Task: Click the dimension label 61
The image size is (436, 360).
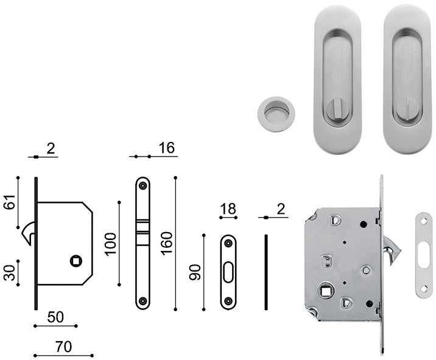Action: (10, 202)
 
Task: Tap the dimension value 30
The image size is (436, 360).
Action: (10, 273)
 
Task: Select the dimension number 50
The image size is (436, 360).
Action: (55, 317)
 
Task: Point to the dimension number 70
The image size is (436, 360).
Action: (64, 347)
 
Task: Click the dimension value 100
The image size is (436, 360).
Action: (110, 244)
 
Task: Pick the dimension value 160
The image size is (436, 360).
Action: (167, 243)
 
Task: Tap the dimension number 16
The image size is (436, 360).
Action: (167, 148)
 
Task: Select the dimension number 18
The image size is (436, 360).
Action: (228, 209)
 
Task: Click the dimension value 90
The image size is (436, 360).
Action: (195, 272)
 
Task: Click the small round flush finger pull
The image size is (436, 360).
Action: (276, 114)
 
